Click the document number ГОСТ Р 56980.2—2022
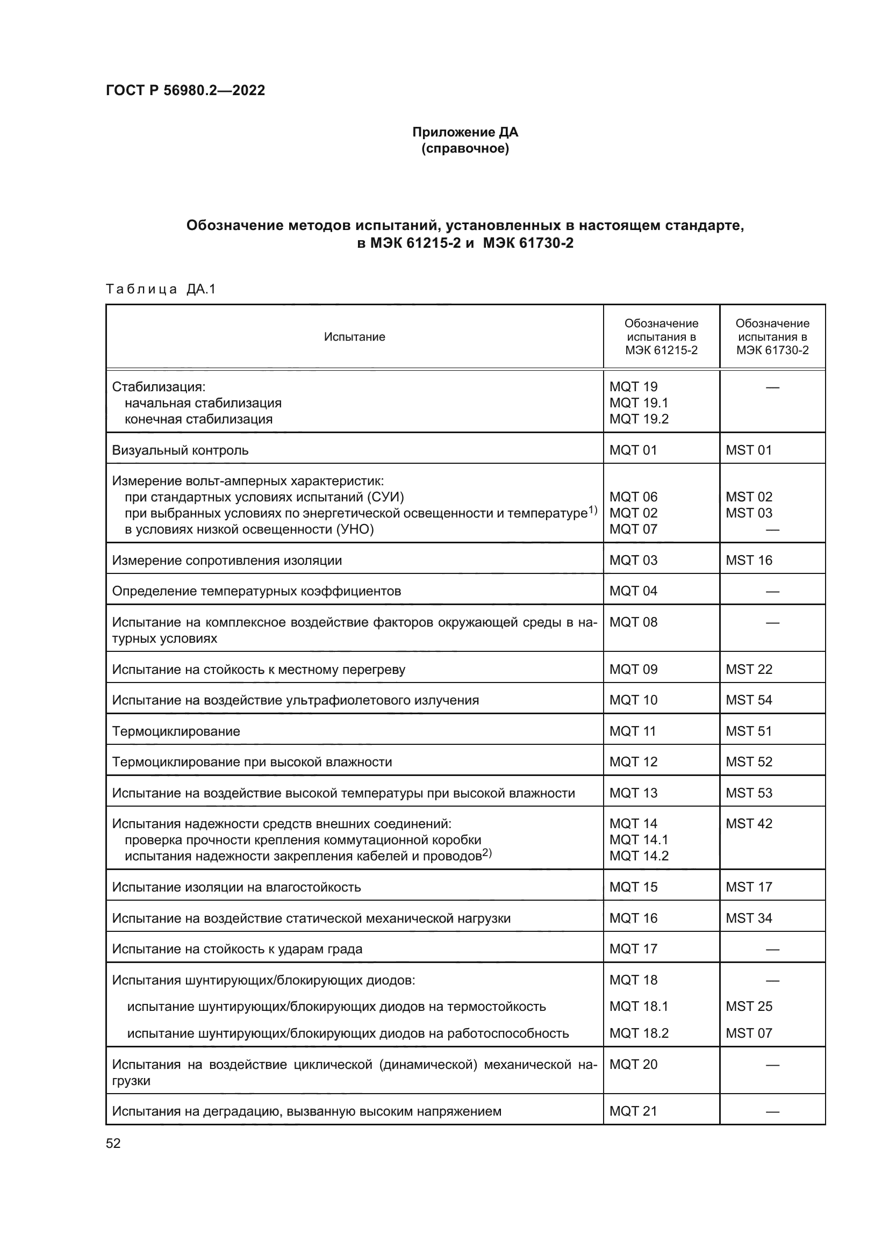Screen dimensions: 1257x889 [x=185, y=90]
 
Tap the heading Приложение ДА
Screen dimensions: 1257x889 [x=465, y=132]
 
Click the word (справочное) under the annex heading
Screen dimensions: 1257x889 [x=465, y=149]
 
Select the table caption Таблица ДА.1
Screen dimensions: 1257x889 [x=161, y=289]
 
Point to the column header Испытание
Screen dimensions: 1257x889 [x=354, y=337]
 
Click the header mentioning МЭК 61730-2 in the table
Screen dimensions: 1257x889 [x=772, y=337]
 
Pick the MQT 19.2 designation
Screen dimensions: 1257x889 [x=639, y=419]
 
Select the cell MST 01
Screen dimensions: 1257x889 [x=748, y=450]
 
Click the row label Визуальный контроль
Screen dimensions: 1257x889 [x=180, y=450]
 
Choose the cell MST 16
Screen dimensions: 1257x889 [x=748, y=560]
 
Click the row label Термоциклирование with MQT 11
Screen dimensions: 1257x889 [x=176, y=731]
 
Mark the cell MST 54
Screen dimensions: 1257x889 [x=748, y=700]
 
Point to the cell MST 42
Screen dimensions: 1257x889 [x=748, y=823]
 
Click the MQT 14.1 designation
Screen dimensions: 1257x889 [x=639, y=839]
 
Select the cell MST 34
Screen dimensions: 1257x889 [x=748, y=918]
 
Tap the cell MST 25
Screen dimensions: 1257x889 [x=748, y=1006]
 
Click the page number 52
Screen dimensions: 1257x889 [x=113, y=1144]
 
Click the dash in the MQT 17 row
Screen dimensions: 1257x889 [x=772, y=950]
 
